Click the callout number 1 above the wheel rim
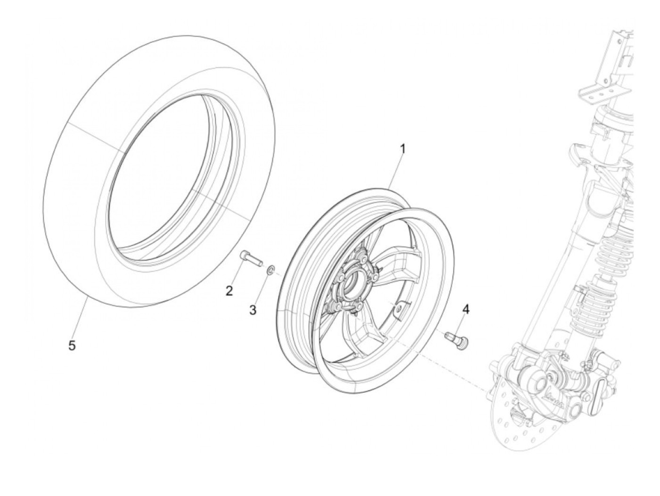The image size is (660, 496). click(x=403, y=149)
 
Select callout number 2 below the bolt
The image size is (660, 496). click(x=229, y=291)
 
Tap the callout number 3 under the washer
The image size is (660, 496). click(x=253, y=310)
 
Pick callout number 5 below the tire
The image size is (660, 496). click(x=72, y=346)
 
